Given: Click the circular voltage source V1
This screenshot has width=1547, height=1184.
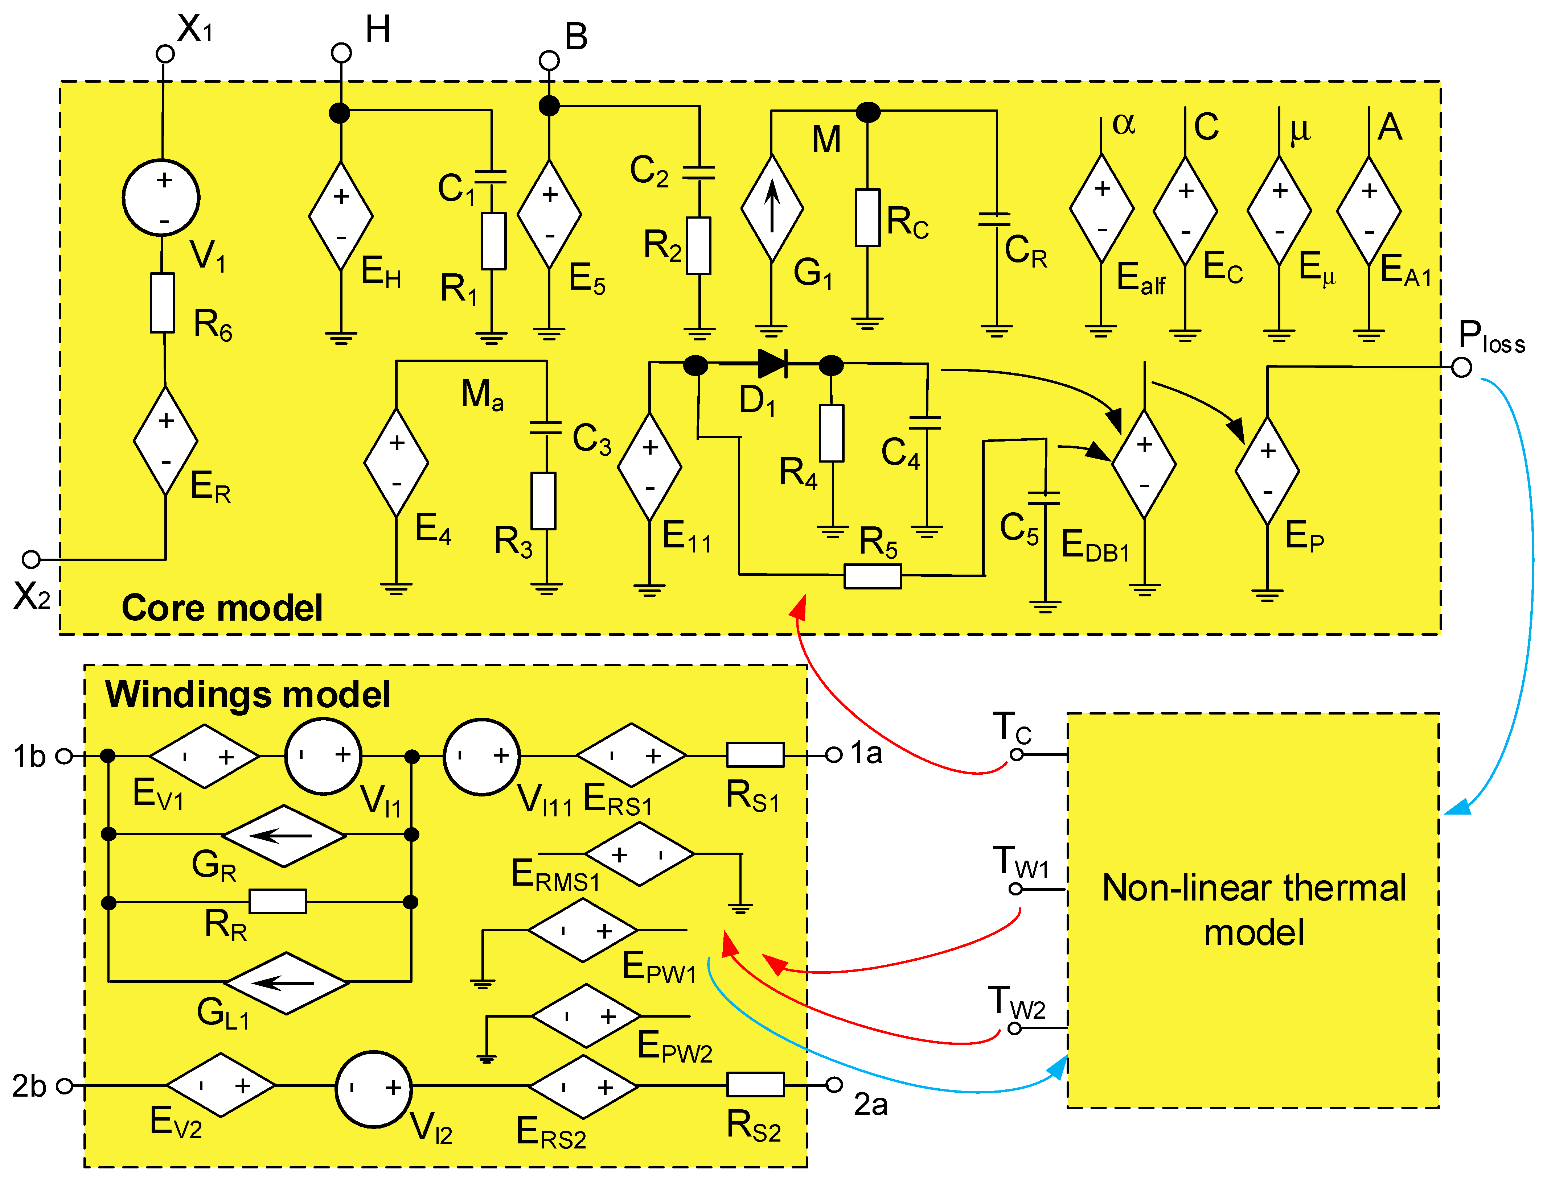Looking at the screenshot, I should (x=161, y=197).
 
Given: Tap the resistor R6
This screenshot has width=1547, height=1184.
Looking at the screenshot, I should (x=163, y=303).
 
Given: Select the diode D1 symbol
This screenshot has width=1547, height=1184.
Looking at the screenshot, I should (x=772, y=364).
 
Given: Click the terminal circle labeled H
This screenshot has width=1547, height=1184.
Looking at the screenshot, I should (x=341, y=53).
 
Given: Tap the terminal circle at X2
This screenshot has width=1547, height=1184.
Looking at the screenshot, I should (x=31, y=559).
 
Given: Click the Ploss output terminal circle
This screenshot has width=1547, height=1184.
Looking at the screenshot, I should (x=1462, y=367).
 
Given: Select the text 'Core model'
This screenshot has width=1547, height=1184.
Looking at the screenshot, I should (x=222, y=608).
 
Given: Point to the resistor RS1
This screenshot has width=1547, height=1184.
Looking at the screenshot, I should (x=755, y=755).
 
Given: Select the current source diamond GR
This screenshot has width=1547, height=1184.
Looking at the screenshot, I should (x=284, y=836).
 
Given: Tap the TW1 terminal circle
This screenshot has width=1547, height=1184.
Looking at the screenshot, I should (x=1015, y=889).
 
